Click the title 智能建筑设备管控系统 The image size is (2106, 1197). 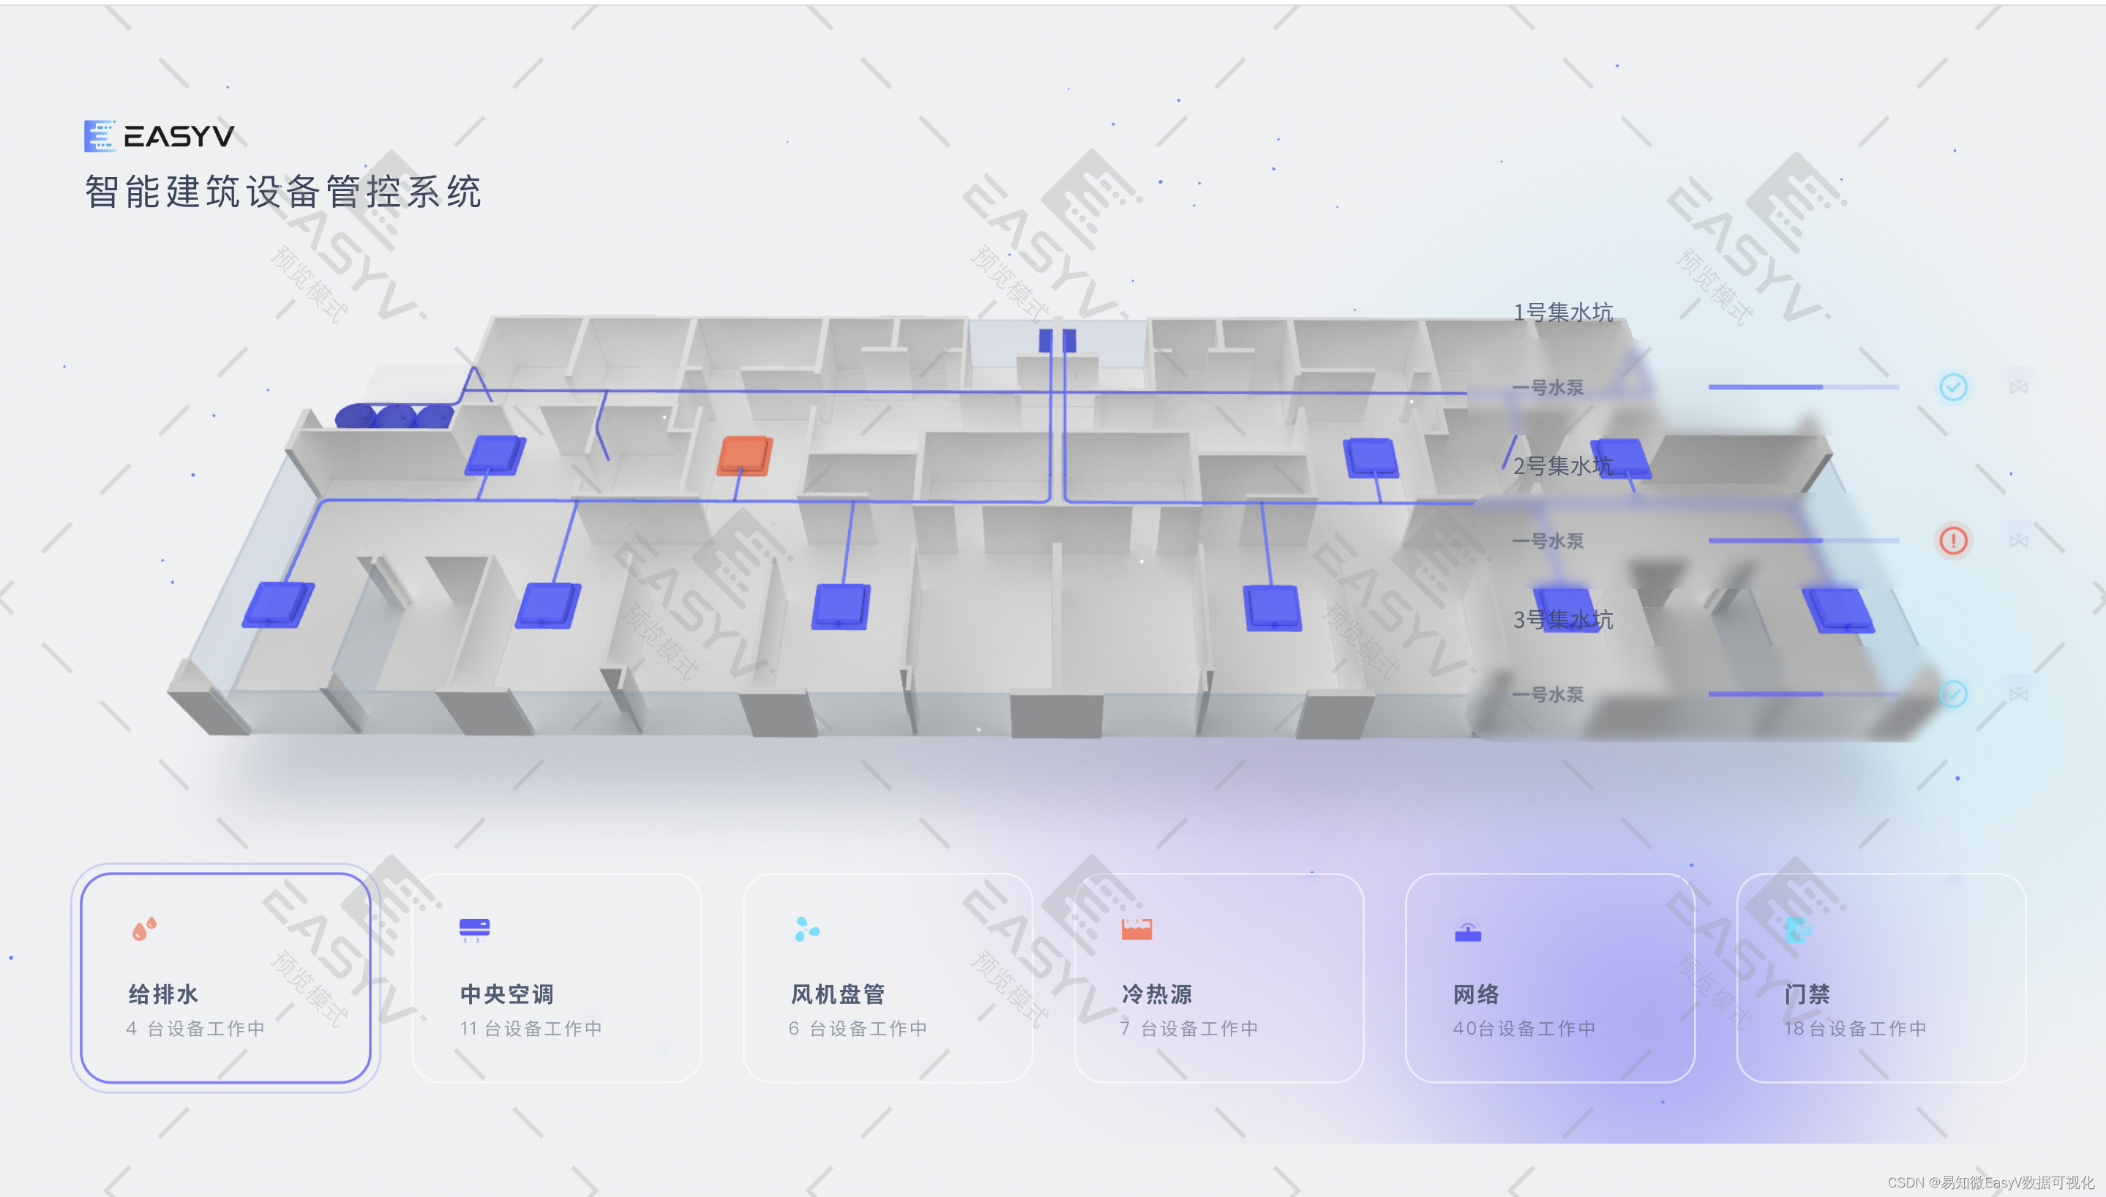282,192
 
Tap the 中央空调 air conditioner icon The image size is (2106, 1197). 474,929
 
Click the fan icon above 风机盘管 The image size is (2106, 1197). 806,930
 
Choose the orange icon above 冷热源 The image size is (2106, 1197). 1137,929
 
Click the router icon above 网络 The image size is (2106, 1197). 1467,931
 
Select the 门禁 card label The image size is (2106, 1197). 1806,995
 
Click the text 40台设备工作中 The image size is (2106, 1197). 1524,1029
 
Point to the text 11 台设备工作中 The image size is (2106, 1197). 531,1029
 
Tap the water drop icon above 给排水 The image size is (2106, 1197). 144,929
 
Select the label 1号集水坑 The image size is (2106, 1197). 1562,312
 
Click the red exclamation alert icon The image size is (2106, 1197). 1953,540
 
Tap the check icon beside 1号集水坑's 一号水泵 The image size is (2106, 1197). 1953,386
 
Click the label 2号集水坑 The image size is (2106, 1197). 1562,466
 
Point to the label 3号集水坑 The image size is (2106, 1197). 1562,620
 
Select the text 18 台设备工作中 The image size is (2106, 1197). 1854,1029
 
